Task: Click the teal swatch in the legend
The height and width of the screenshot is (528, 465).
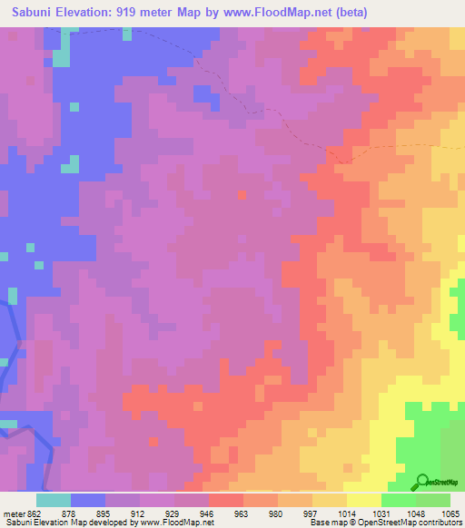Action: (x=54, y=500)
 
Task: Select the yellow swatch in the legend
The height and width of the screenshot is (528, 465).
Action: (x=364, y=500)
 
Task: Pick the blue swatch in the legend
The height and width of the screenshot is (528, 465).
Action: (x=88, y=500)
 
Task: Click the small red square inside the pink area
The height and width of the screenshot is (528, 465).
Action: (x=242, y=193)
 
